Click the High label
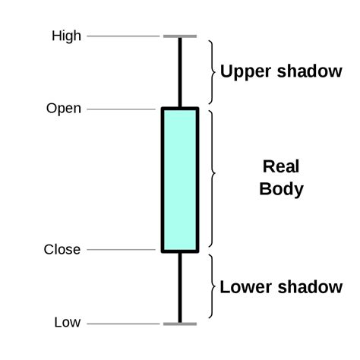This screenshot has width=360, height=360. [x=66, y=36]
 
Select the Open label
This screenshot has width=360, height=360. [x=64, y=109]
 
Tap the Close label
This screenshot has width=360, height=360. [x=62, y=249]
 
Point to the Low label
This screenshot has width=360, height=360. [x=67, y=323]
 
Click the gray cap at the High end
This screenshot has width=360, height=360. [x=180, y=36]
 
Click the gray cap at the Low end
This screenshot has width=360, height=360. [x=180, y=324]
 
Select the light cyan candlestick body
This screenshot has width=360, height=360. [x=180, y=179]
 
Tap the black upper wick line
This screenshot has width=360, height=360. [x=180, y=72]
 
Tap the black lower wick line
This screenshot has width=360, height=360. [x=180, y=287]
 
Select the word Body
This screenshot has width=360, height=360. [x=281, y=188]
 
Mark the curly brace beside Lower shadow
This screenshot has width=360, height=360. [x=210, y=287]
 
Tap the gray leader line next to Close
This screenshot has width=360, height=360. [x=122, y=249]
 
